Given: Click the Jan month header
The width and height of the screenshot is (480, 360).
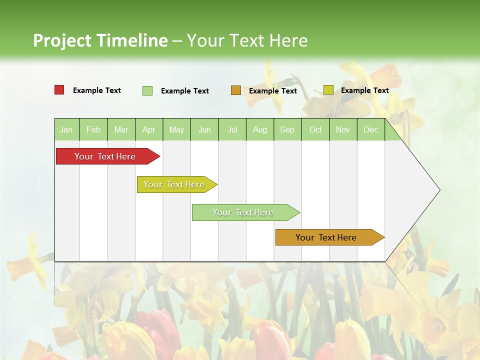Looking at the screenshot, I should tap(66, 129).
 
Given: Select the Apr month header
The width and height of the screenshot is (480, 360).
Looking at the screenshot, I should tap(149, 129).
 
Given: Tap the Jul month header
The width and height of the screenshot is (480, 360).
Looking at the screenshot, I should tap(232, 129).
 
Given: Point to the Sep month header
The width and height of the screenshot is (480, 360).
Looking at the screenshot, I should tap(287, 129).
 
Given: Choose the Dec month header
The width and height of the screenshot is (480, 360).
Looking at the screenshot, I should tap(371, 129).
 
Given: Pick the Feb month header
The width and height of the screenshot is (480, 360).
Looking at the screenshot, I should tap(93, 129).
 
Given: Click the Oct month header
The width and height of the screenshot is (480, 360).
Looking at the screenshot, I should tap(315, 129).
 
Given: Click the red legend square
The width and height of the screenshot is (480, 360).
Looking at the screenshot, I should tap(59, 90).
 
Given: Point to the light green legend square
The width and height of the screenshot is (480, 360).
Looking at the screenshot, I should tap(147, 90).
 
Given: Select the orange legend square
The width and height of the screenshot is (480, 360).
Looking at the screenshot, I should tap(236, 90).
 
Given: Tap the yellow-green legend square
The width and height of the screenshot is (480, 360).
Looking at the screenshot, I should tap(328, 90).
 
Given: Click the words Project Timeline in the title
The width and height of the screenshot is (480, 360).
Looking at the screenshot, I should tap(100, 40).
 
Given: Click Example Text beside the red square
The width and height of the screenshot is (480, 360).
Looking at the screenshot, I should tap(97, 90).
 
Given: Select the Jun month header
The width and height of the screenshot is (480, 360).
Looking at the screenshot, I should tap(204, 129).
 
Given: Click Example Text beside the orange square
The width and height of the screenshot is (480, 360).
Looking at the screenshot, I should tap(273, 91).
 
